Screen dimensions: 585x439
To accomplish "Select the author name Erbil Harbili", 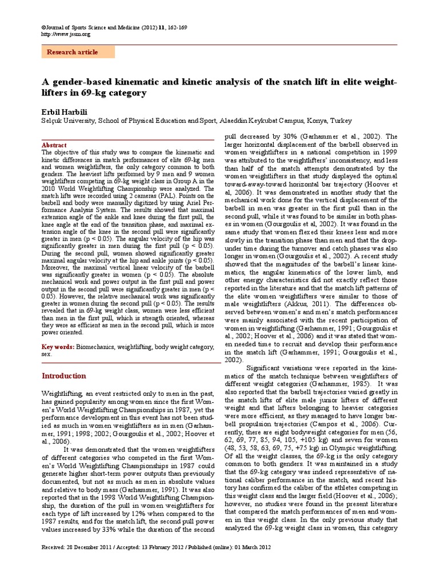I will [x=65, y=110].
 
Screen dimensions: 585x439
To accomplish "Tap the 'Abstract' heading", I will [x=55, y=146].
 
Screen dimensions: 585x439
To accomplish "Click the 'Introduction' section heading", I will [x=65, y=376].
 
